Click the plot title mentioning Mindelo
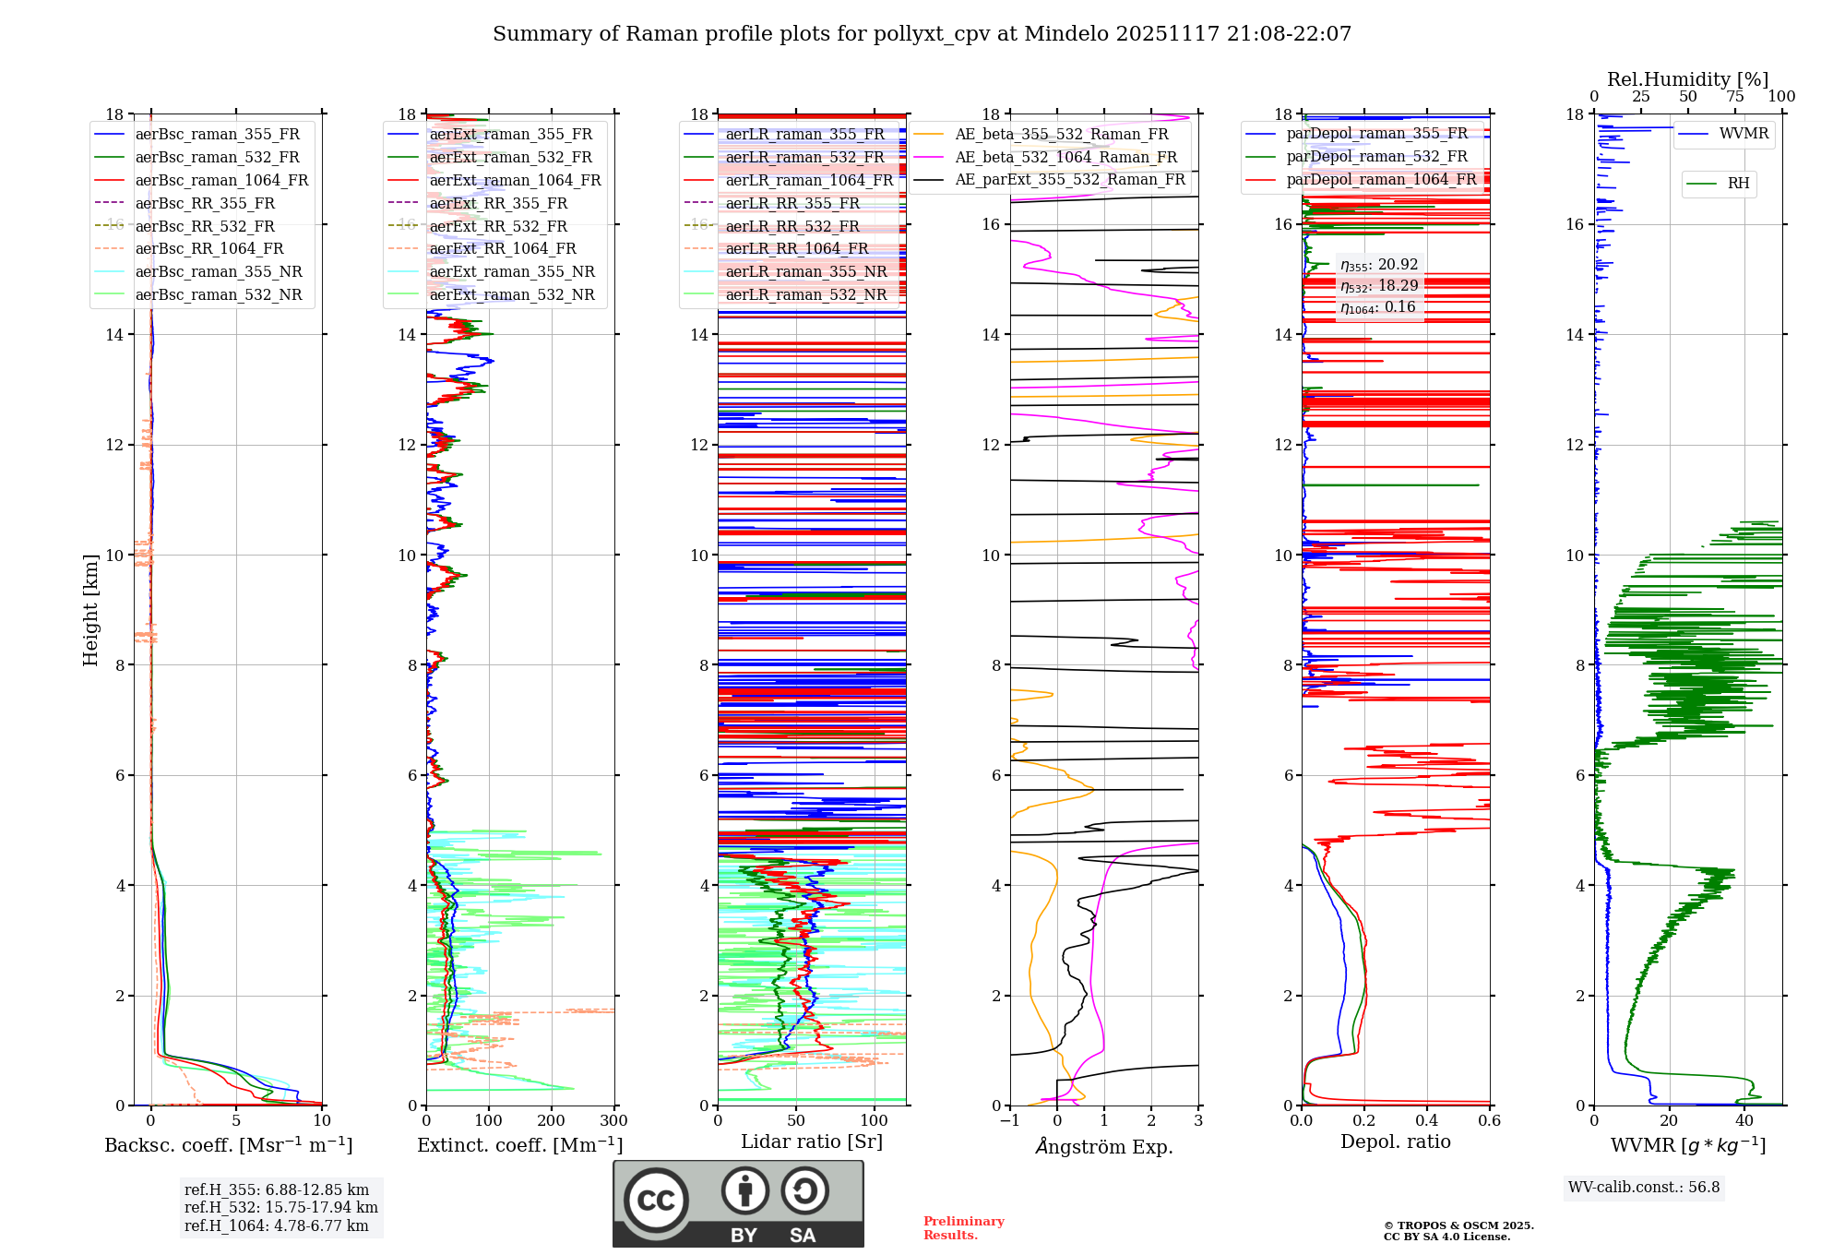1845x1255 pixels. tap(922, 34)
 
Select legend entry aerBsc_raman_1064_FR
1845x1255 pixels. tap(221, 180)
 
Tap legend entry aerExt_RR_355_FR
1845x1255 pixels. tap(498, 203)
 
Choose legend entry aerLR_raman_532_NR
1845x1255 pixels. tap(805, 294)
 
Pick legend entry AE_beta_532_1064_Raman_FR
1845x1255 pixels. tap(1065, 157)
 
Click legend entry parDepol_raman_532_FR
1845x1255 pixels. tap(1376, 157)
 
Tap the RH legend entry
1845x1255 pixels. tap(1738, 184)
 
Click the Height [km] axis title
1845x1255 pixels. tap(90, 610)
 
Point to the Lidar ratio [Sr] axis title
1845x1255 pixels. tap(812, 1142)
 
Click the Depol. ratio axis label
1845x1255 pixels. tap(1395, 1142)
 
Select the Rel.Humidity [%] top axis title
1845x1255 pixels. tap(1687, 79)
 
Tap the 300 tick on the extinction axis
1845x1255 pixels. tap(613, 1121)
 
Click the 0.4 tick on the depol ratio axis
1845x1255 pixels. tap(1427, 1121)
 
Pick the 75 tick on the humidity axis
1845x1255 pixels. tap(1735, 97)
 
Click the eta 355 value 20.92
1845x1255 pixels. tap(1379, 265)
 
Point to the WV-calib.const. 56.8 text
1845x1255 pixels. tap(1644, 1188)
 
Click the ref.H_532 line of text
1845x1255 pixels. tap(280, 1207)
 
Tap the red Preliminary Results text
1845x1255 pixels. tap(963, 1228)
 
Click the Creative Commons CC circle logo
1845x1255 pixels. tap(656, 1201)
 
